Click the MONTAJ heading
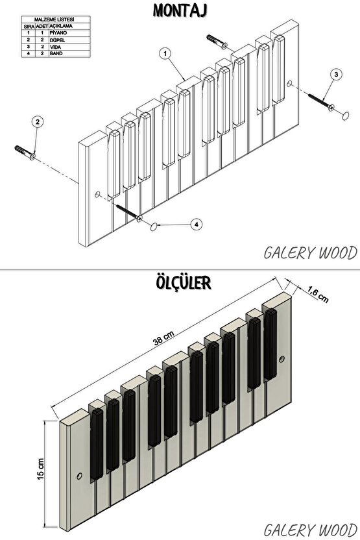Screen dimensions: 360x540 pos(180,10)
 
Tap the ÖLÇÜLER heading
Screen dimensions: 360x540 pos(184,282)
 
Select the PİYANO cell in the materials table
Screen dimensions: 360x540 pos(58,32)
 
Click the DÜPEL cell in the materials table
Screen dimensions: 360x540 pos(57,40)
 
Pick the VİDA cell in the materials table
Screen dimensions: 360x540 pos(55,47)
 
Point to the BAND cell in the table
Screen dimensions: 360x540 pos(56,53)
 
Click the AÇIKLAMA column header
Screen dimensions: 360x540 pos(61,26)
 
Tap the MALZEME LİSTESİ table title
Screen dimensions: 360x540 pos(56,19)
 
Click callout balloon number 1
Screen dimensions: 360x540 pos(166,53)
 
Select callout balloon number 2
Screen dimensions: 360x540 pos(38,121)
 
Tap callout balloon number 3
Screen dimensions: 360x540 pos(336,74)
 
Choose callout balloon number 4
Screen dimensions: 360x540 pos(196,225)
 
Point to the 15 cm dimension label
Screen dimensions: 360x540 pos(41,469)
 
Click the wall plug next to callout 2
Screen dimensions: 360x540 pos(25,153)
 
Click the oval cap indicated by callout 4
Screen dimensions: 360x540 pos(154,227)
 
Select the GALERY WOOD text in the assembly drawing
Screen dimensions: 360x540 pos(311,253)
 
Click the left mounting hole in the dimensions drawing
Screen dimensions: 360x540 pos(80,476)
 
